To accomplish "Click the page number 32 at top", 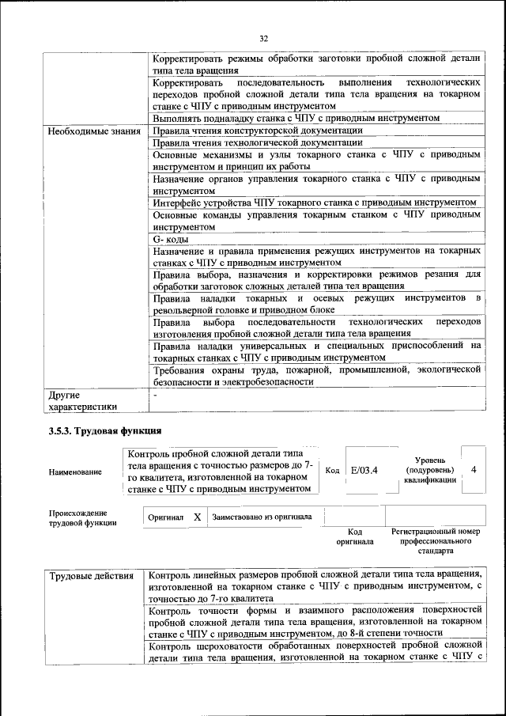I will coord(264,37).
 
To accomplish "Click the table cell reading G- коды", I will coord(170,239).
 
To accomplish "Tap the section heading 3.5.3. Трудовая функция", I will coord(102,430).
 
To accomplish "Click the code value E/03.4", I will coord(364,470).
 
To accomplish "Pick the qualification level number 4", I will coord(473,469).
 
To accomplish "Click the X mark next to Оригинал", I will coord(198,517).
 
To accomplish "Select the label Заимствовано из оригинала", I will coord(262,517).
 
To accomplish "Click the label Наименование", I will coord(75,472).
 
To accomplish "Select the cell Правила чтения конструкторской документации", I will coord(257,131).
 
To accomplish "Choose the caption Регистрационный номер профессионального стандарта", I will coord(436,542).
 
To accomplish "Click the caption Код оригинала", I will coord(355,537).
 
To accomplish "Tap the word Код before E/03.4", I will coord(333,470).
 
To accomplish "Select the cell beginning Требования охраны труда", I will coord(316,375).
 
